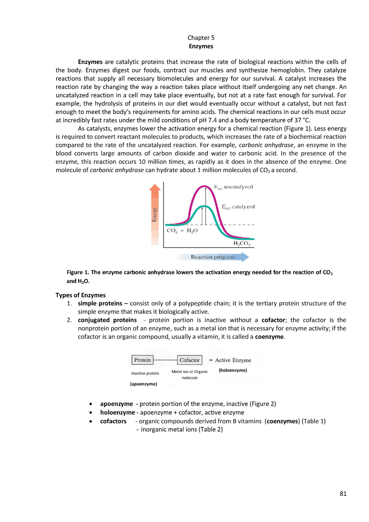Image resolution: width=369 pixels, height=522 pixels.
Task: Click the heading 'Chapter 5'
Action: [x=201, y=38]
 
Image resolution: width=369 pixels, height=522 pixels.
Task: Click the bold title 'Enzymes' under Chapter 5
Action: [x=201, y=46]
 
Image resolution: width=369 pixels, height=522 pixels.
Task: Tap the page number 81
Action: [x=343, y=494]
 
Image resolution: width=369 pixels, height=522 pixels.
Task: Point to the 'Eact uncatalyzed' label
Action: [x=234, y=187]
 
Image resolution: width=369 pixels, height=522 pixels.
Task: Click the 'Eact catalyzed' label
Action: [x=238, y=207]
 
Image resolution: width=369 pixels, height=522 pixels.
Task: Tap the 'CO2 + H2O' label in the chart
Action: [x=182, y=231]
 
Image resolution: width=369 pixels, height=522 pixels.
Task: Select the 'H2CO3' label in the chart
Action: [x=242, y=244]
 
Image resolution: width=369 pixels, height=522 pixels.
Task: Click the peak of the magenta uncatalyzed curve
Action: [x=204, y=186]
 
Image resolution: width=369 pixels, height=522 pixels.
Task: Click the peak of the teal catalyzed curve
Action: [x=203, y=206]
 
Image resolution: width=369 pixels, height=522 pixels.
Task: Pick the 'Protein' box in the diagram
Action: [x=142, y=360]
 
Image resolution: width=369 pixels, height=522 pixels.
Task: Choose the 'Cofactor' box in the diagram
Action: [x=189, y=360]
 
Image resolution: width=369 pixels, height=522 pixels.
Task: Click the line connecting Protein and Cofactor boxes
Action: [x=165, y=360]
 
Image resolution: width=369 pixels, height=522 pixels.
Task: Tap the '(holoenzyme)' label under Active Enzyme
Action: [x=233, y=370]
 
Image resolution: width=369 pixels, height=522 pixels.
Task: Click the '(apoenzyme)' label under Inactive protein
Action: [x=144, y=384]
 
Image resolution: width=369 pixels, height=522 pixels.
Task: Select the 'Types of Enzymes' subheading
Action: [x=80, y=295]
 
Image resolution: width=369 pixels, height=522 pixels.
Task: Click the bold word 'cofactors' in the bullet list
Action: [x=113, y=421]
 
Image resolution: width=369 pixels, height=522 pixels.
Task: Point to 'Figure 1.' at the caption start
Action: [x=78, y=272]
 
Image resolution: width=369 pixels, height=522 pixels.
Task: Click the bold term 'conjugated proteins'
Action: [x=107, y=320]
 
